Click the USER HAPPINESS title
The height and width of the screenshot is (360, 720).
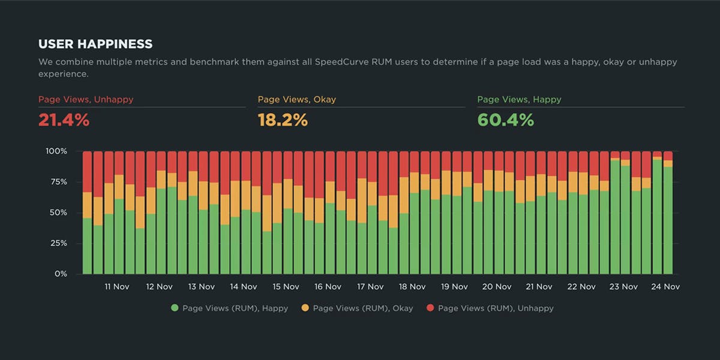coord(95,44)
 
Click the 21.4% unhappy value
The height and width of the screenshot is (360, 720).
coord(64,120)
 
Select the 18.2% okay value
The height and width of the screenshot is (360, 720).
coord(283,120)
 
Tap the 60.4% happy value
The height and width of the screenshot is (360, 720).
coord(505,120)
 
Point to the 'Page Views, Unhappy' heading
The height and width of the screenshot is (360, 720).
coord(86,100)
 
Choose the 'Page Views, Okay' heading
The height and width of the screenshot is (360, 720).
coord(297,100)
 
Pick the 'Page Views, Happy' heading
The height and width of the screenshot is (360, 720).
coord(519,100)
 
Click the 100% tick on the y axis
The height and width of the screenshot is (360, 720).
coord(57,151)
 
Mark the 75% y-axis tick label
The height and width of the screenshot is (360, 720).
coord(59,182)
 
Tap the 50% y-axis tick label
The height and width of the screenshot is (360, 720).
coord(59,213)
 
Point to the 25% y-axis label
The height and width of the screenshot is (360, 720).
coord(59,243)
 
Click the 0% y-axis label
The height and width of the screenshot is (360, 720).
coord(62,274)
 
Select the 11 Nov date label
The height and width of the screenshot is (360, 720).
coord(117,287)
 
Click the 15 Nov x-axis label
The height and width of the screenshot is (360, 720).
coord(286,287)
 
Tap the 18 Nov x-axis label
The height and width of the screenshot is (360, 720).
coord(412,287)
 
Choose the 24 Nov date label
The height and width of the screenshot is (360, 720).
coord(665,287)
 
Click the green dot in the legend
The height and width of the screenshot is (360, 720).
coord(175,308)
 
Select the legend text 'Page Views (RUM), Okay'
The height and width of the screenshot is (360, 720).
coord(363,308)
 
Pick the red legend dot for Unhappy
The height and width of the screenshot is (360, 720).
coord(430,308)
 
